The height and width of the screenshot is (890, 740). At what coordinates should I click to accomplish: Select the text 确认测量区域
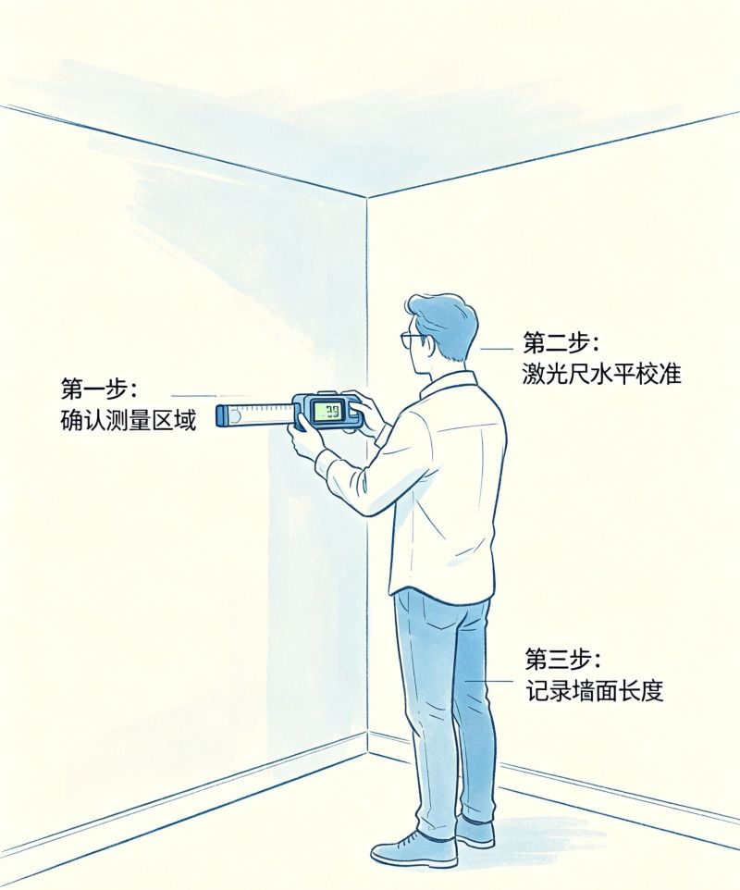point(129,421)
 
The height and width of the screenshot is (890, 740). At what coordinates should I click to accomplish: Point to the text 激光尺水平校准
point(601,375)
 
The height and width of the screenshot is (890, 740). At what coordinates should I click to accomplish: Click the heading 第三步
point(561,660)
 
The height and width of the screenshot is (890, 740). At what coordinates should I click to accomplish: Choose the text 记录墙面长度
point(594,691)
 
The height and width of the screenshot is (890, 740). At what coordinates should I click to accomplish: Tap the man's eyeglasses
point(412,340)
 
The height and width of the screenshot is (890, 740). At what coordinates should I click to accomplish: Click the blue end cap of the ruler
point(222,415)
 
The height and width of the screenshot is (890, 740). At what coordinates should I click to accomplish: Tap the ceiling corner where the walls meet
point(367,198)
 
